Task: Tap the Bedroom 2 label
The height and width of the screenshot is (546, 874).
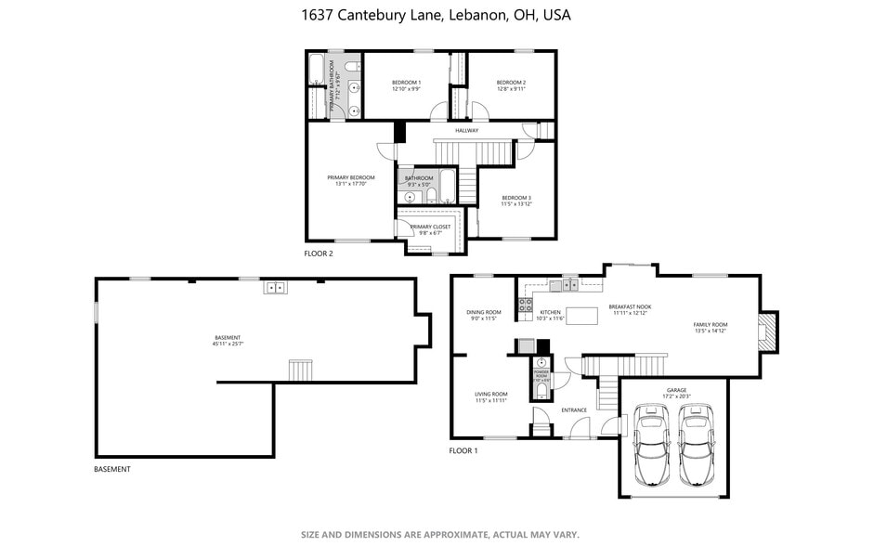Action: click(511, 85)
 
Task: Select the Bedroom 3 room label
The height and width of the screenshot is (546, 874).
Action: click(516, 201)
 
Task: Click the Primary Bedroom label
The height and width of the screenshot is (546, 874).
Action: click(351, 180)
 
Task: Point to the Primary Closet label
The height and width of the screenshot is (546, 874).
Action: click(430, 229)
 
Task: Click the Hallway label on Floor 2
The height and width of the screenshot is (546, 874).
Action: click(466, 131)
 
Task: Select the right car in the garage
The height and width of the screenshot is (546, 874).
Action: click(696, 444)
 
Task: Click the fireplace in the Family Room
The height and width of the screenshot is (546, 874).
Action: click(766, 331)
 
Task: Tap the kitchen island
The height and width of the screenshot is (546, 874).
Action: click(581, 317)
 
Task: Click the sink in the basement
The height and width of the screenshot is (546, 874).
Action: click(275, 287)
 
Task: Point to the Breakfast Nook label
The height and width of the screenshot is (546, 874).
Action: click(630, 309)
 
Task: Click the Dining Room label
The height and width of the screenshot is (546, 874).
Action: click(484, 315)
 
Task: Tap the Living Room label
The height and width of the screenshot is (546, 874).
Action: click(491, 396)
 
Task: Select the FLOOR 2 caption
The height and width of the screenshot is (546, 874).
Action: click(319, 253)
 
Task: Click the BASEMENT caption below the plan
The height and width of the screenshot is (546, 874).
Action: click(112, 469)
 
